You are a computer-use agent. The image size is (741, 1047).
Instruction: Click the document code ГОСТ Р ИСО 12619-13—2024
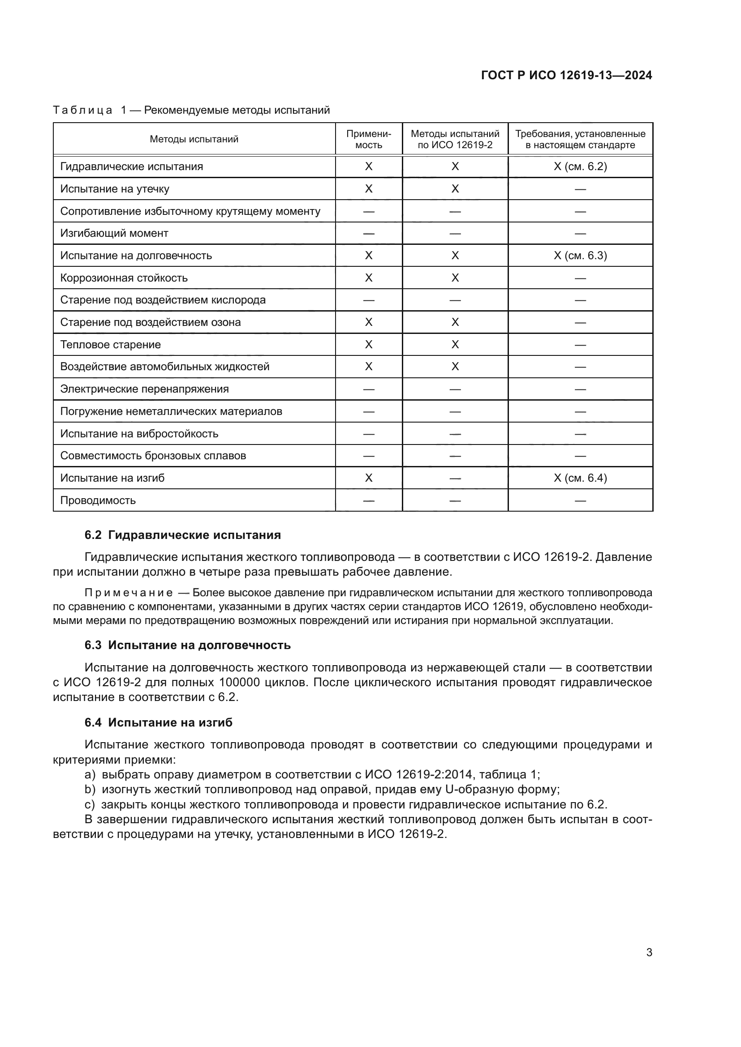[566, 75]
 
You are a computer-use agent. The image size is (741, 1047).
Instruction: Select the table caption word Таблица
[82, 111]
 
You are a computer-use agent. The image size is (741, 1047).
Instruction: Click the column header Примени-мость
[369, 139]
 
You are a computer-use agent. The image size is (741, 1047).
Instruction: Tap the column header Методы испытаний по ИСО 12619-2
[455, 139]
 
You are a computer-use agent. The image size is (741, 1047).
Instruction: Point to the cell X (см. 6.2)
[580, 167]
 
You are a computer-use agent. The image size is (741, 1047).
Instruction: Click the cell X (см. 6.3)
[580, 255]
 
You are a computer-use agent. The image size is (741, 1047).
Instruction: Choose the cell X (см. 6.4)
[580, 478]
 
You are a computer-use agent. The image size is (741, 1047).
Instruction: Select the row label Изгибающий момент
[114, 233]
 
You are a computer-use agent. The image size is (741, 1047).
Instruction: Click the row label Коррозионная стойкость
[124, 278]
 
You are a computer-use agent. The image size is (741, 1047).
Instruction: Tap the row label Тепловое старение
[110, 344]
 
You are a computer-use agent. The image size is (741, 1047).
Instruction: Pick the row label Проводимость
[98, 500]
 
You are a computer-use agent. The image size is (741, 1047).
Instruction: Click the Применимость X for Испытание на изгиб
[369, 478]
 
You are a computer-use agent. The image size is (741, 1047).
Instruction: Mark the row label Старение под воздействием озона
[150, 322]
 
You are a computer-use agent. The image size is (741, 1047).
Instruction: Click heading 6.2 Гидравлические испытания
[182, 535]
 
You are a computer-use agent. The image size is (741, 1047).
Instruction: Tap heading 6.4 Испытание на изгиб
[158, 722]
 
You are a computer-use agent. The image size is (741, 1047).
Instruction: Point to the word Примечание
[129, 593]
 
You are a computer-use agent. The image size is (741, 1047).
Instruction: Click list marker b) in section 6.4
[90, 789]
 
